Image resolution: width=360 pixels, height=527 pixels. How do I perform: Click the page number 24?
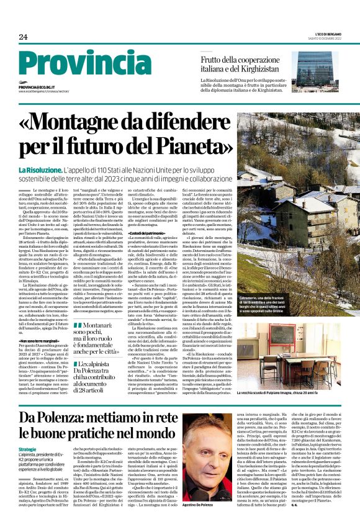[23, 37]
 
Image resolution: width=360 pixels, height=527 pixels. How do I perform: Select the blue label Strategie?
[27, 449]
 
